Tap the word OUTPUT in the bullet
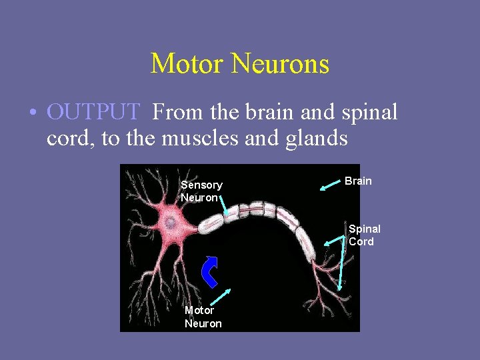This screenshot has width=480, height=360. pyautogui.click(x=93, y=112)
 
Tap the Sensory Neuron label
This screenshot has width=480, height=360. pyautogui.click(x=201, y=191)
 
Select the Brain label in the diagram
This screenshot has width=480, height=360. pyautogui.click(x=358, y=181)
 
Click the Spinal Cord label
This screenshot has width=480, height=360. pyautogui.click(x=364, y=235)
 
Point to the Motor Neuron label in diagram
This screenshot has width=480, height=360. pyautogui.click(x=203, y=317)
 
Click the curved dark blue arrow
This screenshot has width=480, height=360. pyautogui.click(x=211, y=270)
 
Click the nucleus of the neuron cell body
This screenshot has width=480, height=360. pyautogui.click(x=171, y=221)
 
